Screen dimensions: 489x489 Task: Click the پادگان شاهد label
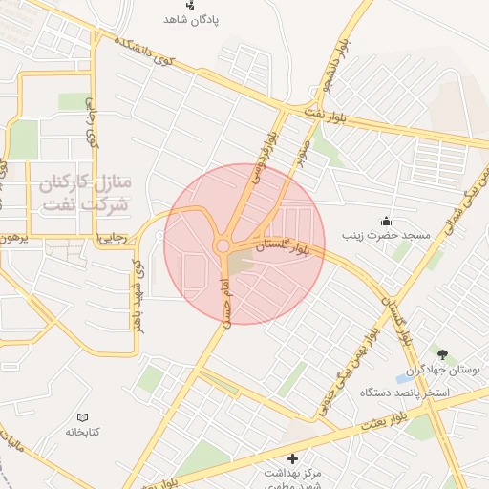pyautogui.click(x=191, y=19)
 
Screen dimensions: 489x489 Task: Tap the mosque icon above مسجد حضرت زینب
pyautogui.click(x=385, y=220)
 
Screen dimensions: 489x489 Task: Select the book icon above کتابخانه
pyautogui.click(x=83, y=417)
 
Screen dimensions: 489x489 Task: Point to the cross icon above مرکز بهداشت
pyautogui.click(x=292, y=457)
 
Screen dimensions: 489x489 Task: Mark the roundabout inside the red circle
pyautogui.click(x=223, y=246)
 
